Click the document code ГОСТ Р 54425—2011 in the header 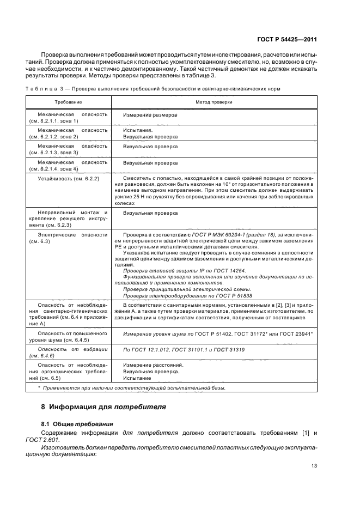(286, 40)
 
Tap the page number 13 (314, 465)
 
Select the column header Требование (68, 102)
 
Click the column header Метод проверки (214, 102)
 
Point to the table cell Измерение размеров (150, 115)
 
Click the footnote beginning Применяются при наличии (131, 387)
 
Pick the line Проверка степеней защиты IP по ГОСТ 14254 (184, 270)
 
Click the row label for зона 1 (68, 118)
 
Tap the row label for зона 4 (68, 166)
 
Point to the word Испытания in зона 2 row (137, 131)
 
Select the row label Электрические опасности (68, 238)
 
